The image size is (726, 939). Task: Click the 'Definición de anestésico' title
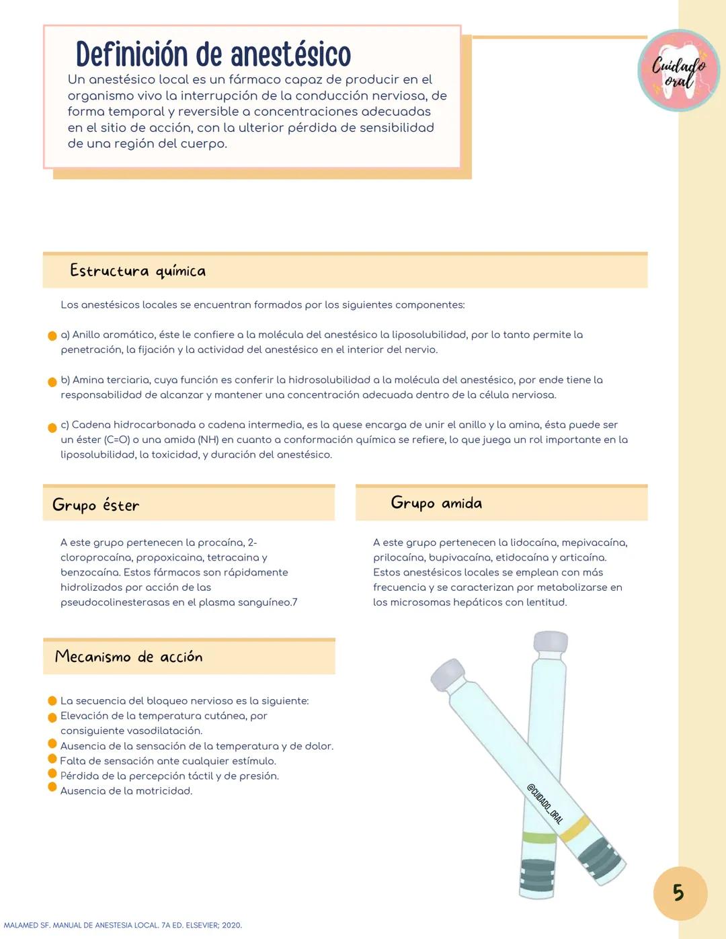click(x=213, y=54)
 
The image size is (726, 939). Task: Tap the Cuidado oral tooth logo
click(x=678, y=71)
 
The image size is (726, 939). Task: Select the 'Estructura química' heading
click(x=138, y=271)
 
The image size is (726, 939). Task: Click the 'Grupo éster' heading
click(x=96, y=505)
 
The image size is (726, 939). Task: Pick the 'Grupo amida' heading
click(x=436, y=503)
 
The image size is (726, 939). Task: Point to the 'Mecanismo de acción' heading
click(x=128, y=657)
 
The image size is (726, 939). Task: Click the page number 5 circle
click(x=680, y=893)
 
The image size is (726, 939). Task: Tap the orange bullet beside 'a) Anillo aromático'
click(x=52, y=336)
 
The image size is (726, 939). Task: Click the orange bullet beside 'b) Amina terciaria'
click(x=52, y=382)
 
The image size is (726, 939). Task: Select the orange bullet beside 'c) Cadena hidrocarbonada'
click(x=52, y=427)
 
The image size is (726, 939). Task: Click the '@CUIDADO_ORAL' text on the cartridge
click(x=544, y=803)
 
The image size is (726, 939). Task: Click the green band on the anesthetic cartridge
click(x=538, y=837)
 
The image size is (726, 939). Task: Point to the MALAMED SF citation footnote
click(x=122, y=926)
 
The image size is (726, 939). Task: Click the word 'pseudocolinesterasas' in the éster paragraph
click(x=114, y=602)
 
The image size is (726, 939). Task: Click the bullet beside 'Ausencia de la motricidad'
click(x=52, y=787)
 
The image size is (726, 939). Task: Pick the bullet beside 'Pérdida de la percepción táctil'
click(x=52, y=773)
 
